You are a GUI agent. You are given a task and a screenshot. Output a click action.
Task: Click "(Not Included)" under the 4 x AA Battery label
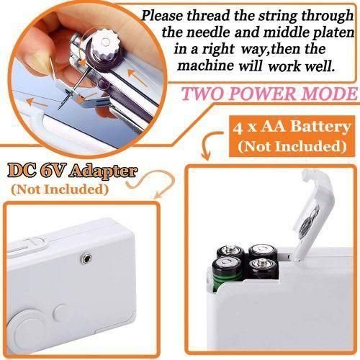pos(289,147)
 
